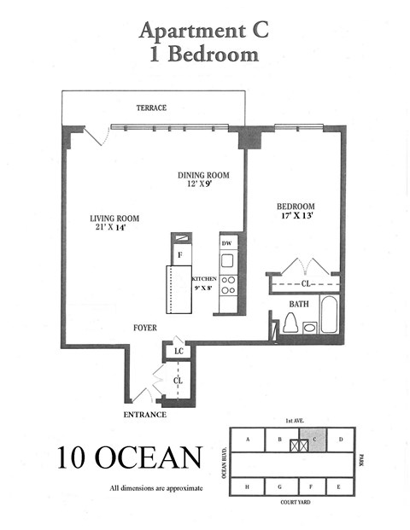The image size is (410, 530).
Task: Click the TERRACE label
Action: (151, 108)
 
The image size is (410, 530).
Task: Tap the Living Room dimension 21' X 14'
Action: (114, 229)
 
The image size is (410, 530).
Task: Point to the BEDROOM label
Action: (296, 207)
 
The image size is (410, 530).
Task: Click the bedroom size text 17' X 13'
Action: (296, 217)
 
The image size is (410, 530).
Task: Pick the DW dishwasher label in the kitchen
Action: (227, 243)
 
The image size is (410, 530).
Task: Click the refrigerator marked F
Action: (180, 255)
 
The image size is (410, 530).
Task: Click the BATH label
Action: (299, 303)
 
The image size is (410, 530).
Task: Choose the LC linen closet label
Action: (179, 351)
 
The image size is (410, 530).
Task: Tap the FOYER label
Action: (144, 327)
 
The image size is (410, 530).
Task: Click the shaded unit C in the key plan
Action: (315, 440)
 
